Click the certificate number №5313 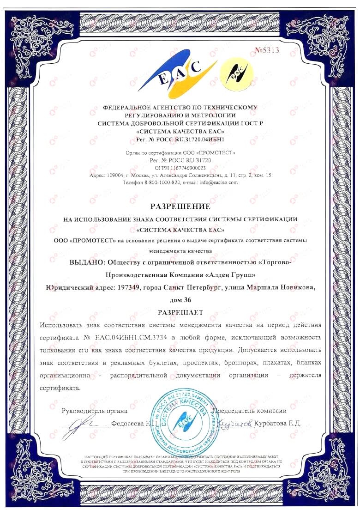pos(267,50)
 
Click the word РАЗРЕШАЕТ pos(180,312)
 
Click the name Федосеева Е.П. pos(136,423)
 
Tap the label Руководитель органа pos(94,410)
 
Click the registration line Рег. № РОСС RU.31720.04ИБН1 pos(180,139)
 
